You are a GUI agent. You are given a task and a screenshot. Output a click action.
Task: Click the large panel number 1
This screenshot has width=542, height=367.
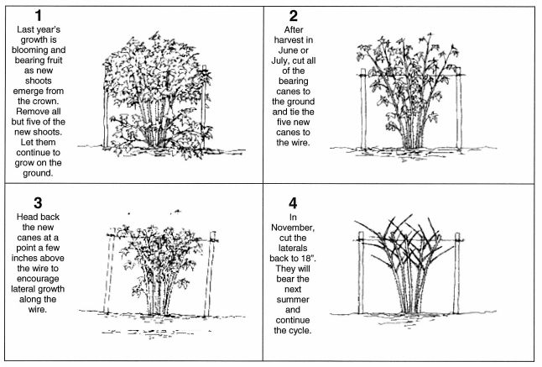point(38,16)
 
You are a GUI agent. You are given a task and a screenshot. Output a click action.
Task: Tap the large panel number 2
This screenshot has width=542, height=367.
point(293,16)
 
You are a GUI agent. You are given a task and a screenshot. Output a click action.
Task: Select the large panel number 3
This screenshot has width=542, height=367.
point(38,203)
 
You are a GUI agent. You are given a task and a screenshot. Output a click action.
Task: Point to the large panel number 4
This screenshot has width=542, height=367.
point(293,203)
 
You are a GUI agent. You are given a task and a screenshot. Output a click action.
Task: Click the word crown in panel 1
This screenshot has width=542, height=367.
point(49,102)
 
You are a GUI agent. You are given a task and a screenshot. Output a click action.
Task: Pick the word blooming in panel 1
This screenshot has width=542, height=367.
point(29,50)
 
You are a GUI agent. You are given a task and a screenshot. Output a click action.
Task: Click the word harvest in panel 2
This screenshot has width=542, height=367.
point(289,39)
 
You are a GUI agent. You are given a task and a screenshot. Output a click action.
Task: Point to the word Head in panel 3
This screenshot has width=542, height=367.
point(25,217)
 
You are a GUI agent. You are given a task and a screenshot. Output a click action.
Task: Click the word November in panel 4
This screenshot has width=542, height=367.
point(293,228)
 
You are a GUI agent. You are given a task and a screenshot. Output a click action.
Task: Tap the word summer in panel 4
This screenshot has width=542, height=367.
point(293,300)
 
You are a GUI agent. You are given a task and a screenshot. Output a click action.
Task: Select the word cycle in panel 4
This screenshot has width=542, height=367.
point(300,330)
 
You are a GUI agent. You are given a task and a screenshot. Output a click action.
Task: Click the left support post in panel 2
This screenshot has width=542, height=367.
point(363,108)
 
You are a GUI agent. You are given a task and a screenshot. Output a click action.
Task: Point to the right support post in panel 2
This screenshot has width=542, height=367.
point(459,108)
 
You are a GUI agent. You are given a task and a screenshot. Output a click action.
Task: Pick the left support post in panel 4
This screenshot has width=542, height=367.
point(361,273)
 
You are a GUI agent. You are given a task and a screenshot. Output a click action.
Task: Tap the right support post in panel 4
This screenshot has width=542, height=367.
point(457,273)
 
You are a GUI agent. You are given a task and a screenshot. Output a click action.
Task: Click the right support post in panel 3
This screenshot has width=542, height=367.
point(210,274)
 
